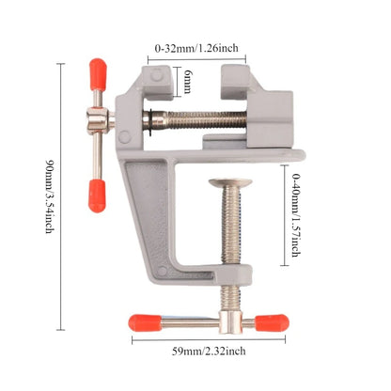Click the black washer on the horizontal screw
pyautogui.click(x=149, y=118)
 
